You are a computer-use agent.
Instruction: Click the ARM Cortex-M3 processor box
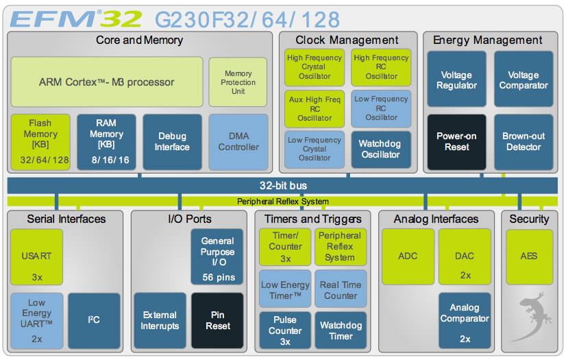click(107, 82)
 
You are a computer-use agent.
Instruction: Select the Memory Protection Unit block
click(238, 82)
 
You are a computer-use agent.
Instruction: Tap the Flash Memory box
click(40, 142)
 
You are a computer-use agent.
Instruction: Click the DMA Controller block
click(238, 142)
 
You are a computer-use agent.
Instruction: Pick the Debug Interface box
click(172, 142)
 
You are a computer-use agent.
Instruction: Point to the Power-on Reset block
click(456, 142)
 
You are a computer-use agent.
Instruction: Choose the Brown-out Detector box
click(523, 142)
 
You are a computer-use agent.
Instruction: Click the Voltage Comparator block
click(523, 80)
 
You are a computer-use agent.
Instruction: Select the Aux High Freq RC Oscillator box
click(314, 109)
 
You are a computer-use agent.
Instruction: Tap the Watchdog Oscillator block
click(380, 149)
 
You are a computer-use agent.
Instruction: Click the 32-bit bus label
click(283, 186)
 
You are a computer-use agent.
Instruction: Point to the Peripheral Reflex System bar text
click(283, 202)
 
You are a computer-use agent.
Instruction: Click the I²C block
click(94, 320)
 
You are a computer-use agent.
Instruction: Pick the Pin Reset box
click(217, 320)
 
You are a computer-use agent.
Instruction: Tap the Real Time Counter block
click(341, 290)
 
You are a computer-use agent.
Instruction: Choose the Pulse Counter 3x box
click(285, 331)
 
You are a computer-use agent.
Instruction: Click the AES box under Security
click(528, 256)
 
